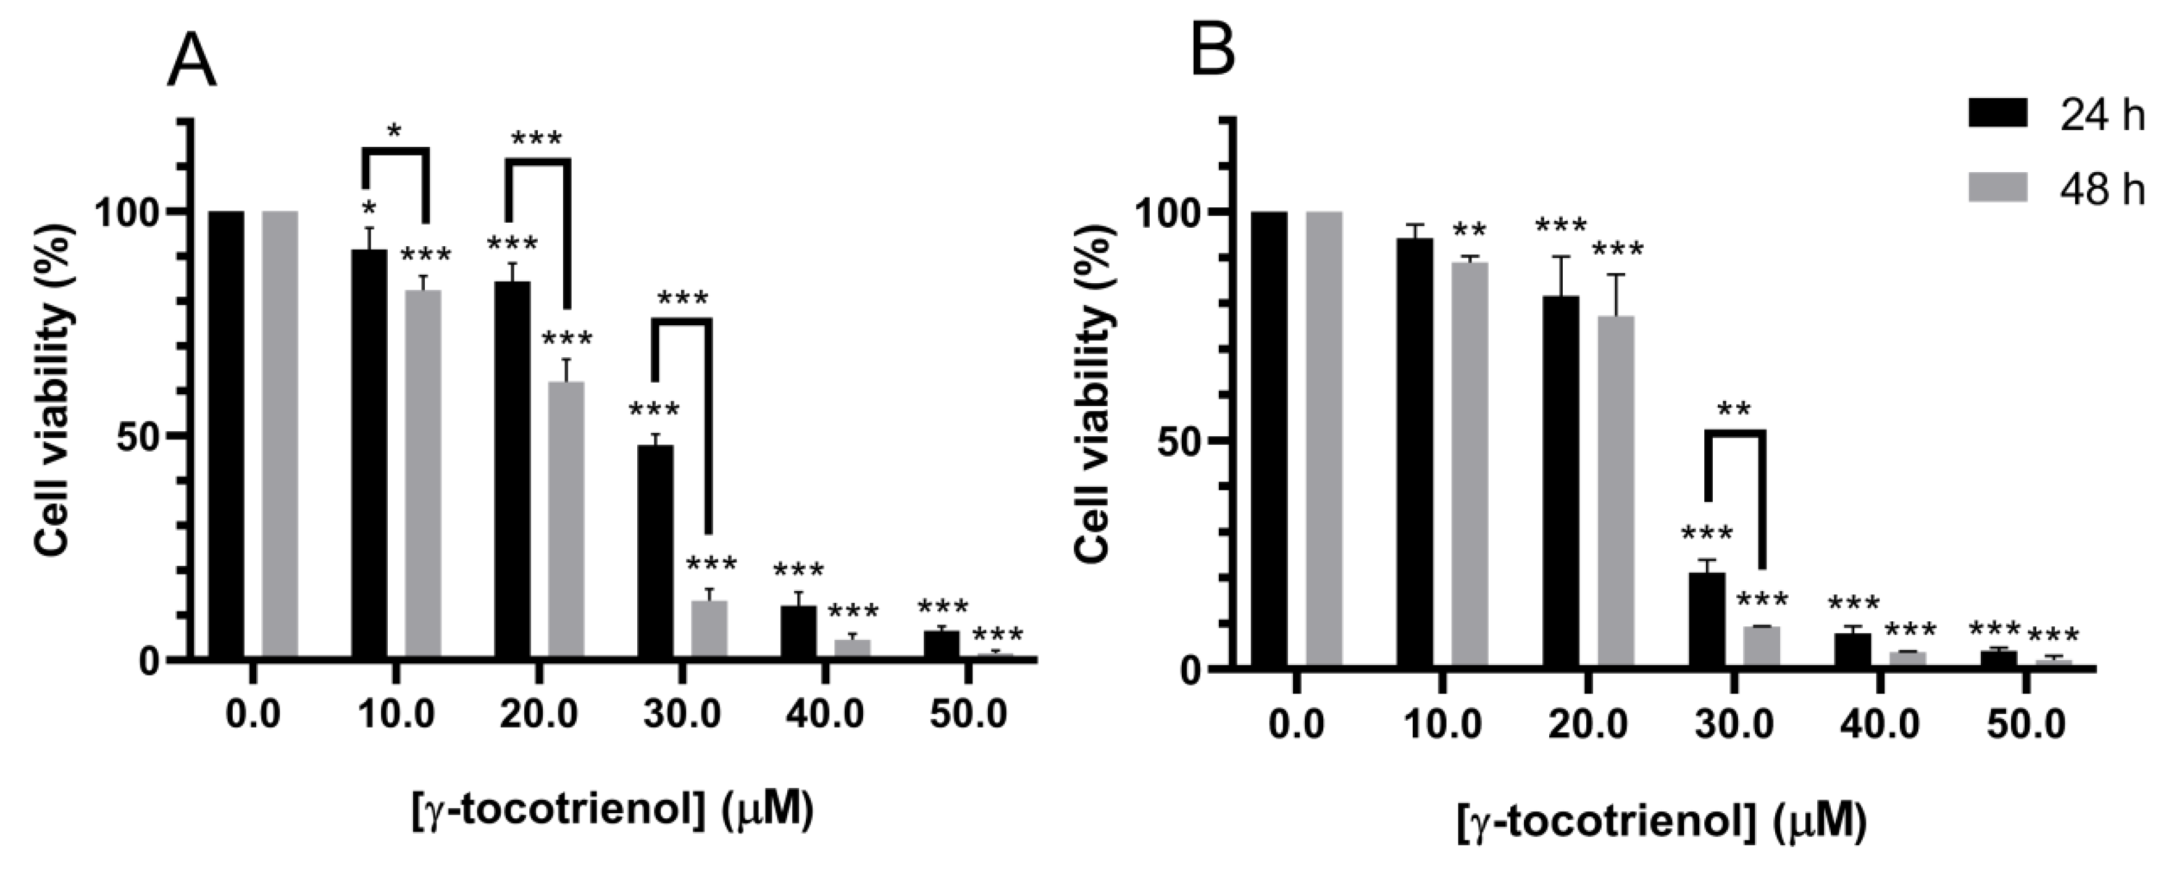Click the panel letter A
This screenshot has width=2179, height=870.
tap(192, 64)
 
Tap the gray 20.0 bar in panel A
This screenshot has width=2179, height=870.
tap(566, 520)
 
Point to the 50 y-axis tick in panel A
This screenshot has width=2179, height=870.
tap(140, 436)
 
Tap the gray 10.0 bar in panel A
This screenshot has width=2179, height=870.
tap(423, 473)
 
